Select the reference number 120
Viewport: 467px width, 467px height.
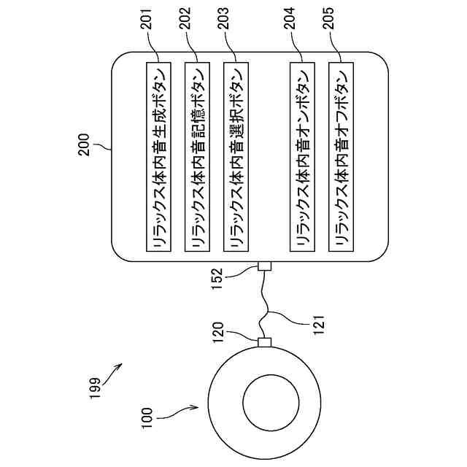click(x=239, y=341)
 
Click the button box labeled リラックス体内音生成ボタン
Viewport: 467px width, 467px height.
click(x=158, y=158)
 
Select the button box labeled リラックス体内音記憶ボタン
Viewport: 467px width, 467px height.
click(x=196, y=158)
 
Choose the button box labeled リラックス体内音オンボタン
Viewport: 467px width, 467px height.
click(x=301, y=158)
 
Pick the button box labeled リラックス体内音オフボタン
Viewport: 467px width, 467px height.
click(x=340, y=158)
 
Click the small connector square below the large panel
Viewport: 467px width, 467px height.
click(x=265, y=268)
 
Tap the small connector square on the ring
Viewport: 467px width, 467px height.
click(x=265, y=341)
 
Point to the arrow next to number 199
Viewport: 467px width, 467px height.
click(x=112, y=375)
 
